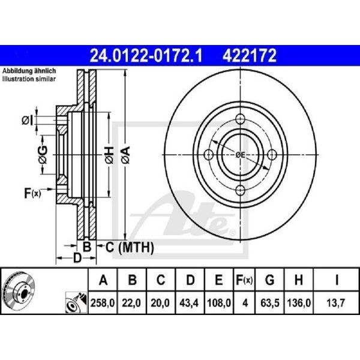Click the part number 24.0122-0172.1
146,56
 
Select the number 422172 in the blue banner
249,56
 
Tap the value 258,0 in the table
103,303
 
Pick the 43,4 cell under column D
189,303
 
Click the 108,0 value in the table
219,303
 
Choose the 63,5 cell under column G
270,303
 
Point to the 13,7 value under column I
337,303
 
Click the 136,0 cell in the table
299,303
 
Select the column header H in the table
298,280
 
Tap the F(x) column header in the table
244,280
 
